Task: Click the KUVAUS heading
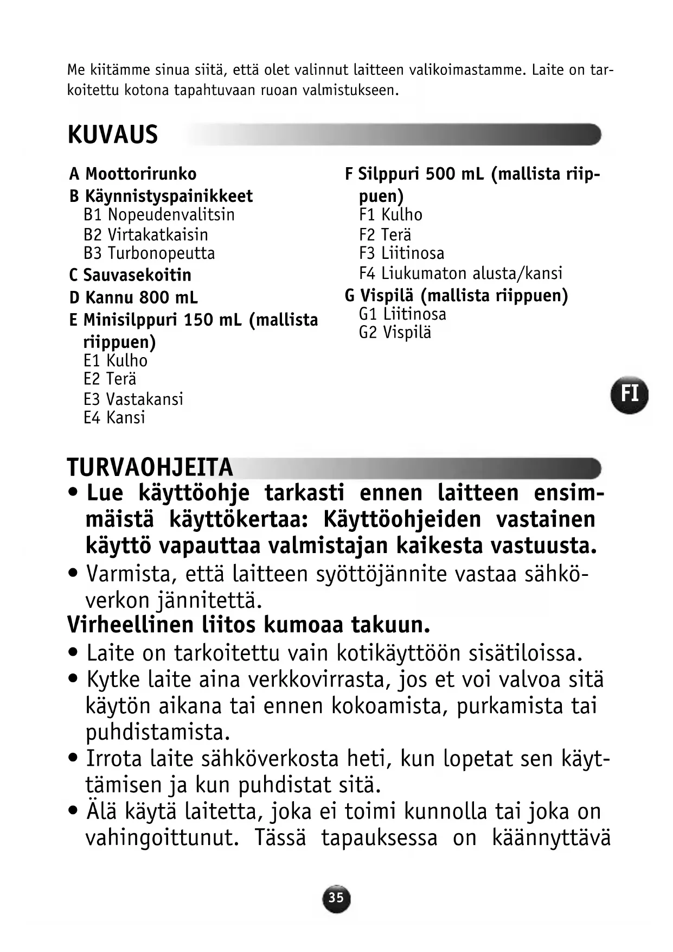coord(113,135)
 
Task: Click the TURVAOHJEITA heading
coord(150,467)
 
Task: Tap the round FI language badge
coord(629,394)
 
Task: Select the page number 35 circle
coord(336,897)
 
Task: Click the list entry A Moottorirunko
coord(133,174)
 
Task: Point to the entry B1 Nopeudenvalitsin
coord(159,215)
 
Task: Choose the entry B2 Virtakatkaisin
coord(146,234)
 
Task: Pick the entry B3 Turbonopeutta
coord(149,253)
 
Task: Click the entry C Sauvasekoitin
coord(130,275)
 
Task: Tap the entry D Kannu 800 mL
coord(133,297)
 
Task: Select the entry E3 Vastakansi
coord(133,399)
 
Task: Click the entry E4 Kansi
coord(114,418)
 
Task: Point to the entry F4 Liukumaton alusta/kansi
coord(460,273)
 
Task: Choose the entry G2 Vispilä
coord(395,333)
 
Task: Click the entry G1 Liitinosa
coord(402,314)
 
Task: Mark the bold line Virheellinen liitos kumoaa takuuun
coord(248,625)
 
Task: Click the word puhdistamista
coord(158,732)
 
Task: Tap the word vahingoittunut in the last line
coord(162,838)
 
